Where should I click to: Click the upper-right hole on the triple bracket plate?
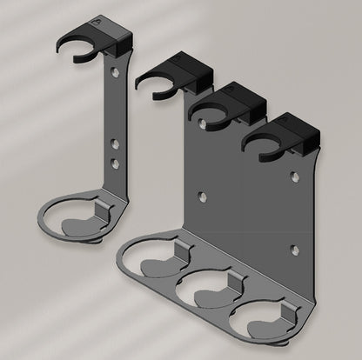[296, 177]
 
